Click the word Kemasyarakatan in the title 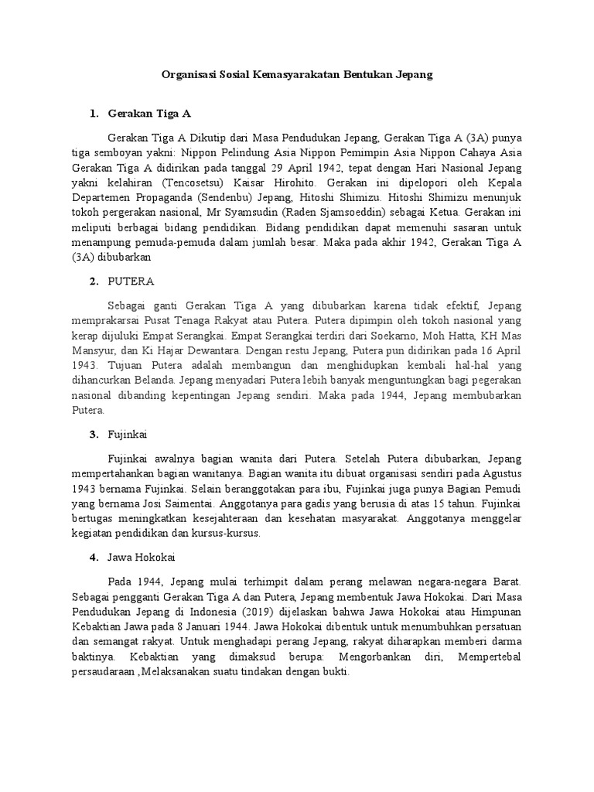click(x=291, y=75)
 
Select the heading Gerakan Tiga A click(x=149, y=114)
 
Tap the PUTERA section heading click(x=132, y=280)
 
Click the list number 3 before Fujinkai click(x=93, y=434)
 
